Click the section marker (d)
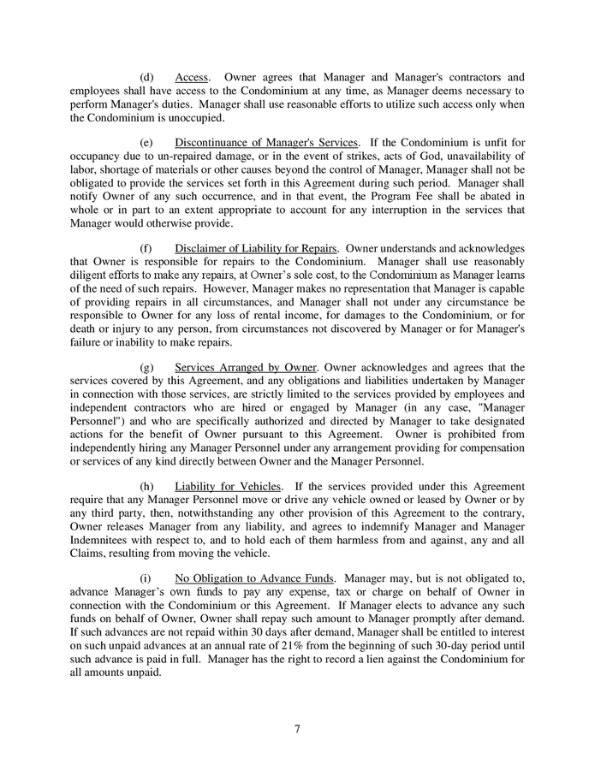[147, 77]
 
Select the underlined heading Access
[193, 77]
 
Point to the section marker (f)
[146, 248]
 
